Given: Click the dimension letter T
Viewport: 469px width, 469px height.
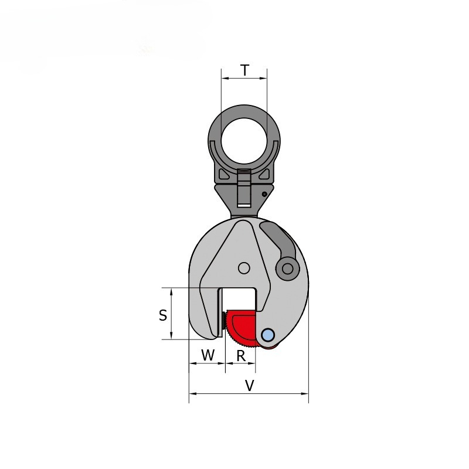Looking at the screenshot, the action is tap(244, 70).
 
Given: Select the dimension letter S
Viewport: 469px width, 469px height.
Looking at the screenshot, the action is tap(163, 315).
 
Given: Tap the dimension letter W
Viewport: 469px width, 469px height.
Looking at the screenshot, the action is tap(208, 355).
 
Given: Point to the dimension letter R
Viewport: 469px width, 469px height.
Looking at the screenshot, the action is tap(241, 356).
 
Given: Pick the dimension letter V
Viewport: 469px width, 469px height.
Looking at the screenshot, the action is tap(250, 386).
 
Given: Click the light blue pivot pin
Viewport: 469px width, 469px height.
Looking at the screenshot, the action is tap(268, 335).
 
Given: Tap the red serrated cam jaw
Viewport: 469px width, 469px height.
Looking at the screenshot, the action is tap(242, 328).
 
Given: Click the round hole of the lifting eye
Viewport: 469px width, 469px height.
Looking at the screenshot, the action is tap(244, 141).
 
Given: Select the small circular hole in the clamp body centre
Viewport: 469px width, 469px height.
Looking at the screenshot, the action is tap(244, 268).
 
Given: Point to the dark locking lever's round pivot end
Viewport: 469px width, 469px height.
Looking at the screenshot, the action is tap(287, 269).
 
